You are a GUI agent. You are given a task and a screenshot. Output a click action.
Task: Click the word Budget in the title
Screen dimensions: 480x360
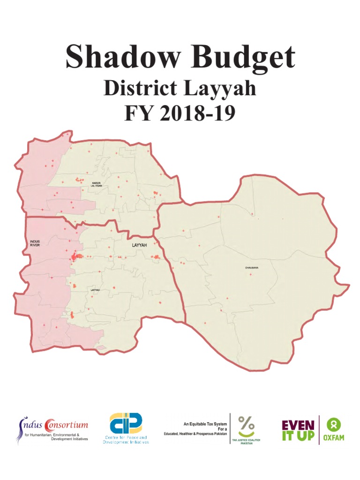click(x=242, y=58)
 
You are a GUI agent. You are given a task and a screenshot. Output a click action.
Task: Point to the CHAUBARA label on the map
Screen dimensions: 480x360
click(x=252, y=268)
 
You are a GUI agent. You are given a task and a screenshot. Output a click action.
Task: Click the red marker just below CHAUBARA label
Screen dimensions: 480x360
click(x=250, y=274)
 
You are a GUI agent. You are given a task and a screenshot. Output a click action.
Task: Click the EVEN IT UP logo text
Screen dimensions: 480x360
click(x=297, y=429)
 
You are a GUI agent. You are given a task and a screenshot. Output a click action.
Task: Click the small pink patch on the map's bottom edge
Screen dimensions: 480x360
click(x=100, y=348)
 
